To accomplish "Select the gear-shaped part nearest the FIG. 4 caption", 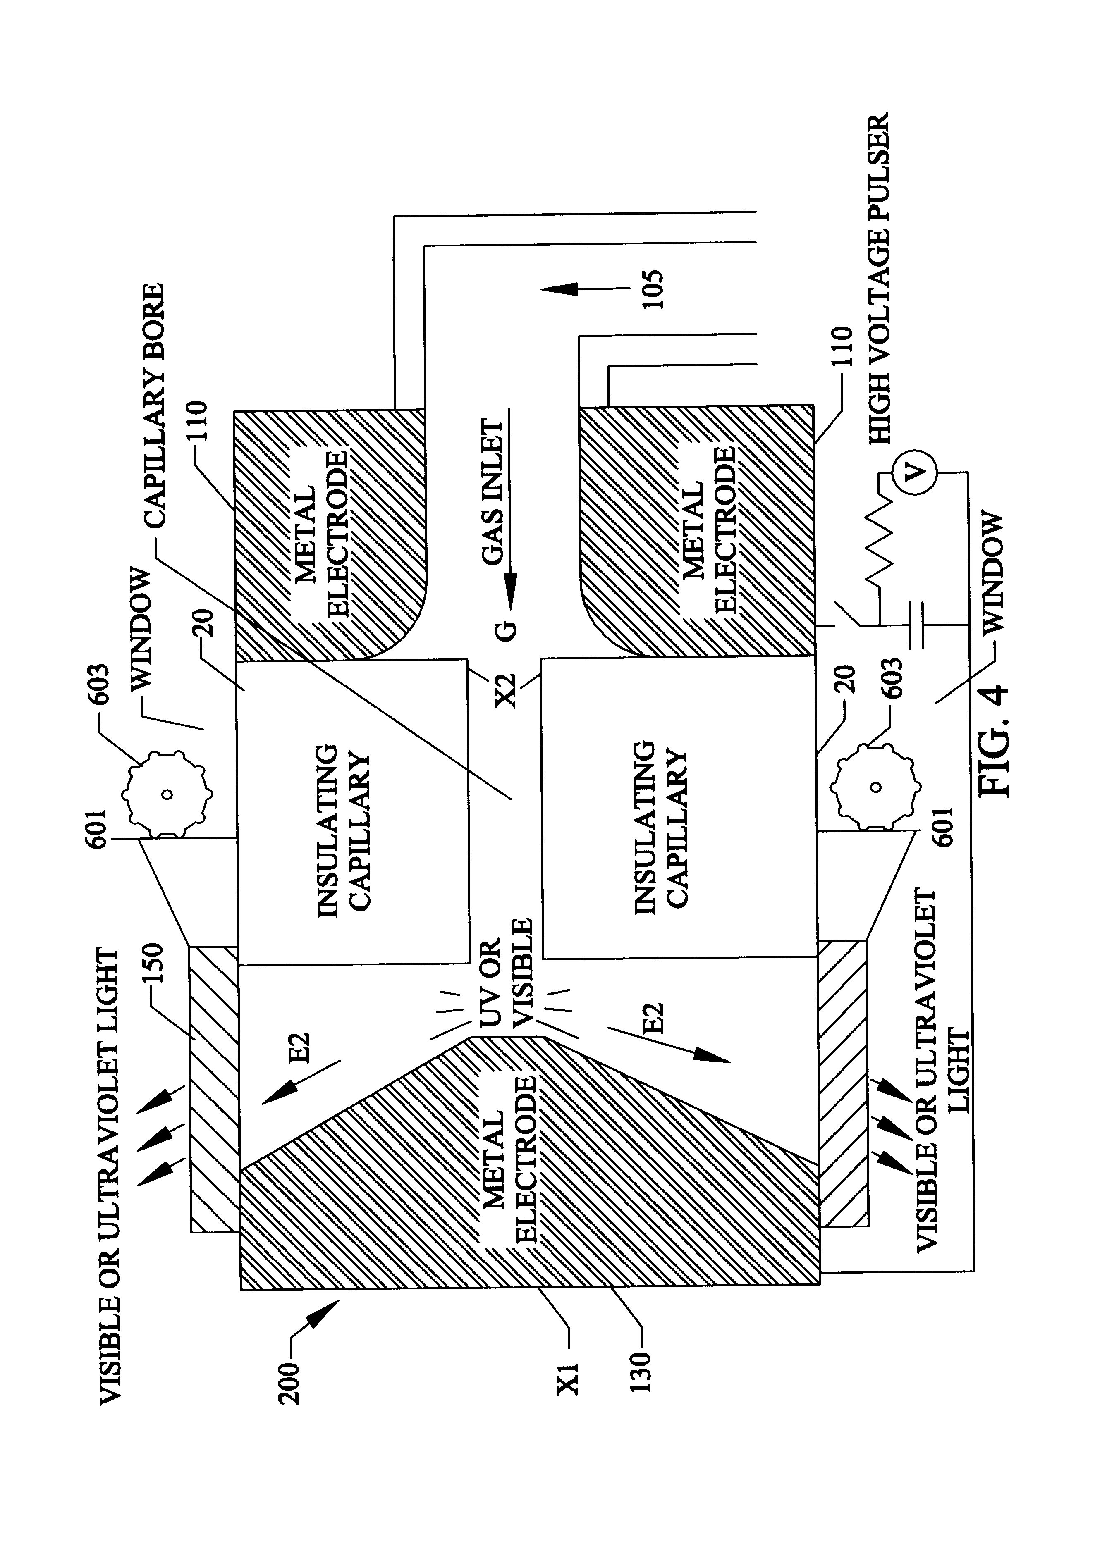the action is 877,788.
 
